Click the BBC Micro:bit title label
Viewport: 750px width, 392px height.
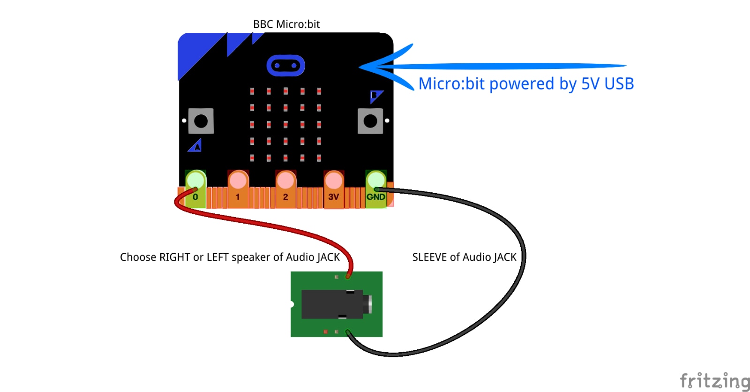286,24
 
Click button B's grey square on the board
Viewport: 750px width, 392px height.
370,121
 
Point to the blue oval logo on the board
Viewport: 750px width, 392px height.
285,65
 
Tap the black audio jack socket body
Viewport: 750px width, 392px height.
337,304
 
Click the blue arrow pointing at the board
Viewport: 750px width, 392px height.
492,66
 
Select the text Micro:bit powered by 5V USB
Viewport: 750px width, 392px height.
526,83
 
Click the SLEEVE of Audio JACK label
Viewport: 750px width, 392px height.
464,257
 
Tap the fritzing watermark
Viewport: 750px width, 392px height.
714,381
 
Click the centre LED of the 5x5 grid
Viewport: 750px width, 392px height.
285,125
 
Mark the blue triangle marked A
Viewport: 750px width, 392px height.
195,145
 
